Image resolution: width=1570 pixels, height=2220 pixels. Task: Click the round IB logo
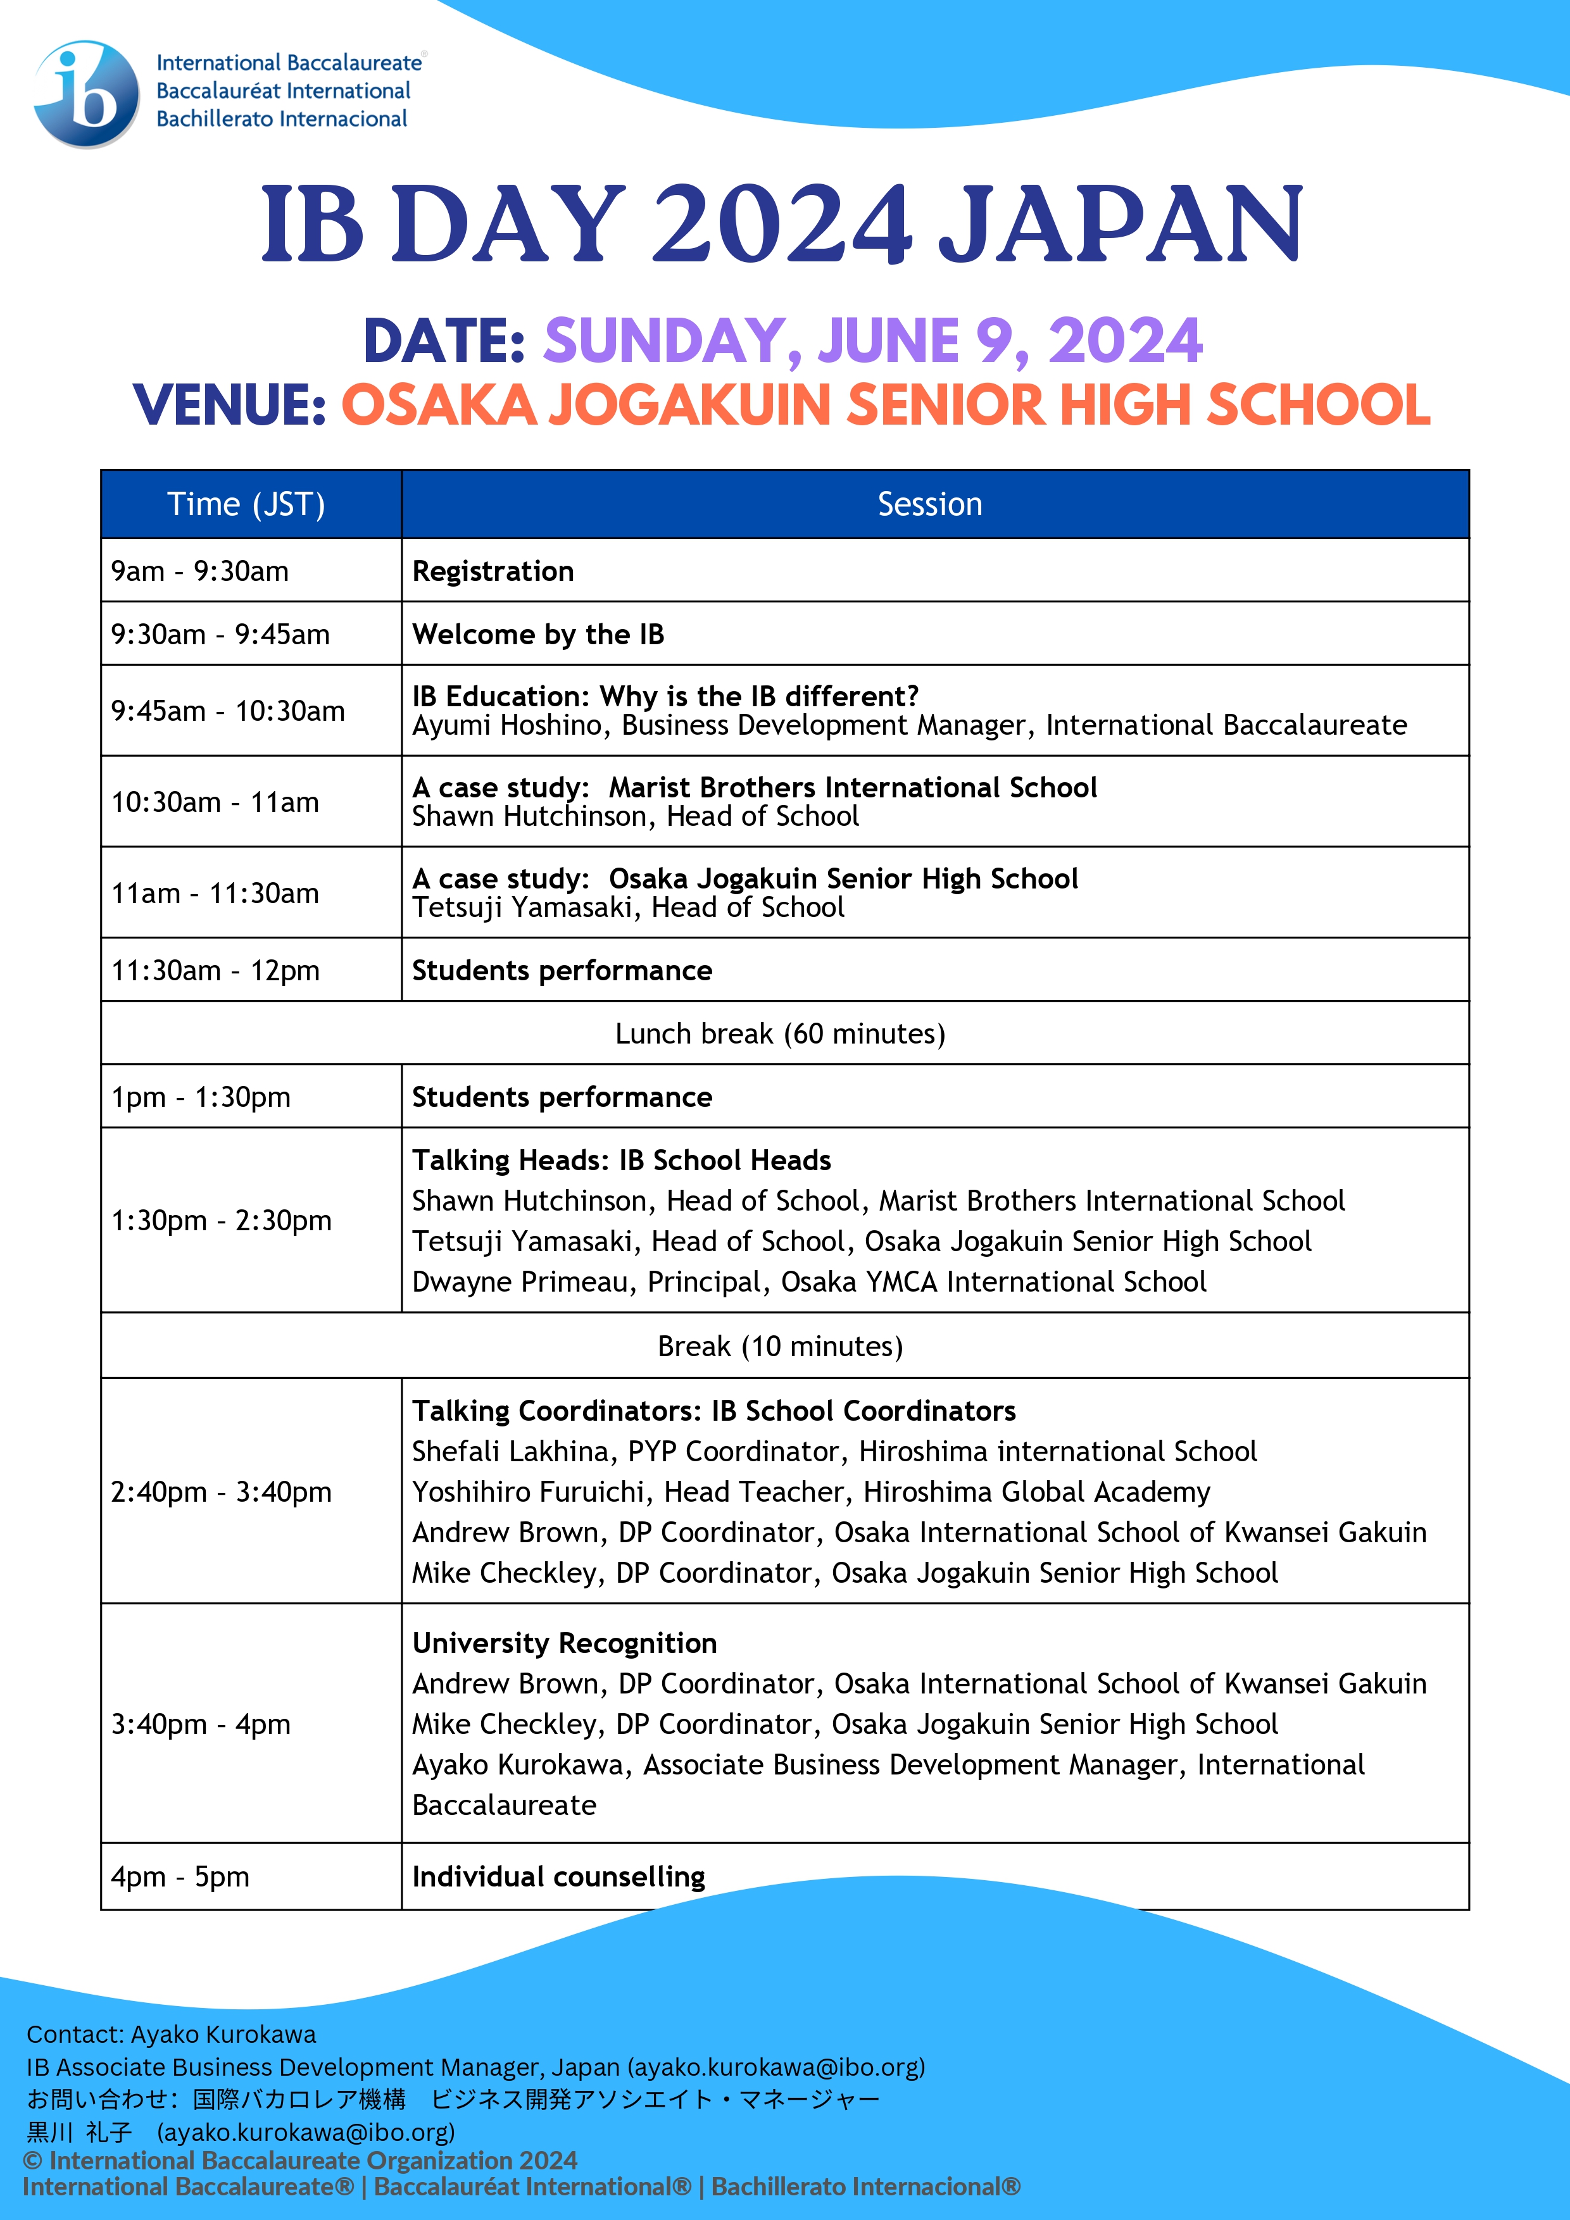[87, 94]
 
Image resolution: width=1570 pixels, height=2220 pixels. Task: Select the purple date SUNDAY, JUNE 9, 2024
[872, 340]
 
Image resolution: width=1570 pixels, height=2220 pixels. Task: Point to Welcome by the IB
[538, 634]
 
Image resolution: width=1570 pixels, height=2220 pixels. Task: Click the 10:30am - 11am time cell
[215, 802]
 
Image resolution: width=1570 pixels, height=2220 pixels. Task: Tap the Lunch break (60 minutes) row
[780, 1033]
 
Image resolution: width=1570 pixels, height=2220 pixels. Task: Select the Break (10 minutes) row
[780, 1346]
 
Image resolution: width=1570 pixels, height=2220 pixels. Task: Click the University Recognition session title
[565, 1643]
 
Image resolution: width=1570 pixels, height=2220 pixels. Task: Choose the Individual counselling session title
[559, 1877]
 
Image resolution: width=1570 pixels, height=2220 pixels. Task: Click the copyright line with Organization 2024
[300, 2160]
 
